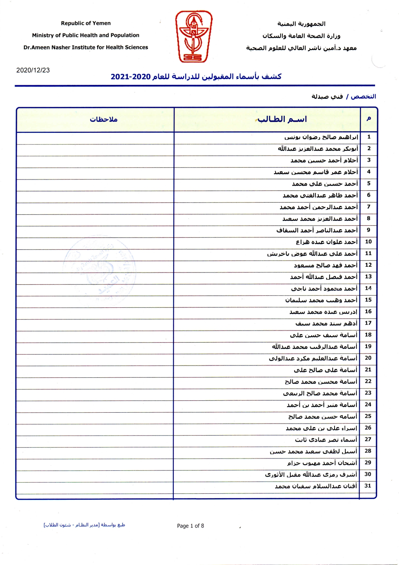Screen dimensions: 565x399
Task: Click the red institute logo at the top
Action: point(194,36)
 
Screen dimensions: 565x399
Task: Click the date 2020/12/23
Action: point(33,70)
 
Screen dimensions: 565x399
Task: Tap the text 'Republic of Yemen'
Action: point(86,23)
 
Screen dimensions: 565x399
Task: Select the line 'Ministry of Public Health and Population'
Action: point(86,35)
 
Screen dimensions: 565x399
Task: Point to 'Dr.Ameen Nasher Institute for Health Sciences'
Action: point(86,47)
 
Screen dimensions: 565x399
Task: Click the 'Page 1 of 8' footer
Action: point(190,526)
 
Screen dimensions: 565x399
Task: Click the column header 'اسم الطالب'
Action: point(282,119)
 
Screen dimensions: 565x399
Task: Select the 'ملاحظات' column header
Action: point(103,119)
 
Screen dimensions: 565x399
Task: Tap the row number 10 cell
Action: point(368,241)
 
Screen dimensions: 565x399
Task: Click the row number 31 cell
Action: point(368,486)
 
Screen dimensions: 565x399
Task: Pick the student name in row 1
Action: point(321,137)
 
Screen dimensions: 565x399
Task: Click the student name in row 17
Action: point(326,323)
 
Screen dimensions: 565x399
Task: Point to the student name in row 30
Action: point(311,474)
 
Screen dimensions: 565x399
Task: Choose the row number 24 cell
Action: point(368,404)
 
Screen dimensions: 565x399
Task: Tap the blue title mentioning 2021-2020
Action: point(196,77)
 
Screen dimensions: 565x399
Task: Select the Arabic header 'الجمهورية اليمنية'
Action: point(301,24)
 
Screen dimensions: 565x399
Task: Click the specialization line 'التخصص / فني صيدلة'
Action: point(344,97)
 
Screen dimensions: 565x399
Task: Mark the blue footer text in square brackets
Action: point(84,525)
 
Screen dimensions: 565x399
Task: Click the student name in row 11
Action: point(312,254)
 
